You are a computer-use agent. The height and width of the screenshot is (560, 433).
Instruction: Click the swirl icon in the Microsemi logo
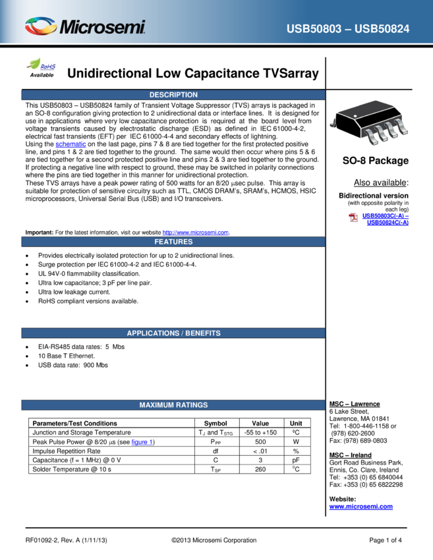pos(41,26)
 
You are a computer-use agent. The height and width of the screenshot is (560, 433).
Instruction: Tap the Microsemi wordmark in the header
pos(102,28)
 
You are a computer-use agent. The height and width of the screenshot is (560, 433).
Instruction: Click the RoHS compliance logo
pos(42,65)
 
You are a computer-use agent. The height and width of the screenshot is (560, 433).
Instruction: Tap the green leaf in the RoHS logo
pos(34,63)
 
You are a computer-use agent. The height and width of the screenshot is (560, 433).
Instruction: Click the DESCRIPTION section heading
pos(173,95)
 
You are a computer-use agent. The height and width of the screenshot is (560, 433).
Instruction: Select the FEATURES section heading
pos(173,242)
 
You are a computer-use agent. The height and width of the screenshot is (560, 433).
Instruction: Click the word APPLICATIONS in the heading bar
pos(152,333)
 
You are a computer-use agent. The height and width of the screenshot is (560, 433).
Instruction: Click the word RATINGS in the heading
pos(192,405)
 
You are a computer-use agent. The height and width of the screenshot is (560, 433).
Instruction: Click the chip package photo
pos(369,123)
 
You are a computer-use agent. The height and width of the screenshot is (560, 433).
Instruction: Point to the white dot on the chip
pos(357,116)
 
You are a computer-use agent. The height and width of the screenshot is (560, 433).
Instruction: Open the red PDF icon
pos(354,217)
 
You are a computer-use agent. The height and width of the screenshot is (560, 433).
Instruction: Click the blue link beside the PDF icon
pos(386,219)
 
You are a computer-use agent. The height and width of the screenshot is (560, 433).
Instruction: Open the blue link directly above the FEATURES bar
pos(195,233)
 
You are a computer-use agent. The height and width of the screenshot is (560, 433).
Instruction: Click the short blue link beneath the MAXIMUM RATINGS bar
pos(142,442)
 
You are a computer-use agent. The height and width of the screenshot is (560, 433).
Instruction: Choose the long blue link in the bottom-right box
pos(361,507)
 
